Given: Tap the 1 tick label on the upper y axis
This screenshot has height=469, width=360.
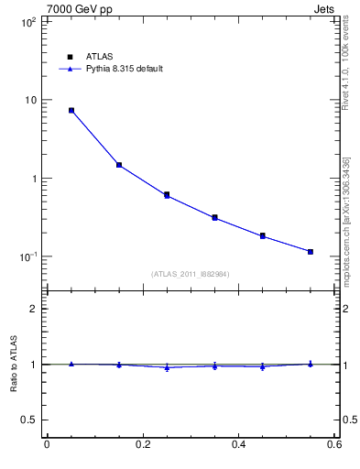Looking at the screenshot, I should [x=34, y=179].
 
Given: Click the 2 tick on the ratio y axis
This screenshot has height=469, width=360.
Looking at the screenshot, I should [x=34, y=309].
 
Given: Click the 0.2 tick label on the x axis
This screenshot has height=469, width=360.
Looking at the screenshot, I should [x=142, y=445].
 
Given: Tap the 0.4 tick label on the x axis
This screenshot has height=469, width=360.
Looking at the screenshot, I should [x=238, y=445].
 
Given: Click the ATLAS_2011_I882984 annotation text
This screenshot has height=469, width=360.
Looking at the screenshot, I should [x=190, y=274].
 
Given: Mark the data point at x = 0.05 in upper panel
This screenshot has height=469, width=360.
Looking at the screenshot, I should [x=71, y=110].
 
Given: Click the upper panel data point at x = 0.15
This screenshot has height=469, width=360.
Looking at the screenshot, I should [x=119, y=165].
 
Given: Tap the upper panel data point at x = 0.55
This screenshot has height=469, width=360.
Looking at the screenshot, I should [x=311, y=251].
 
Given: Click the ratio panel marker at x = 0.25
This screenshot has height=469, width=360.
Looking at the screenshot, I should [x=167, y=367].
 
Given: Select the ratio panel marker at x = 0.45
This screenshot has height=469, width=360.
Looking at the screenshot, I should [x=263, y=366].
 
